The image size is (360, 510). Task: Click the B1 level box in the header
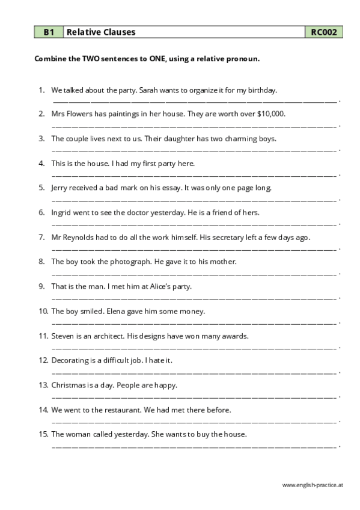coord(48,32)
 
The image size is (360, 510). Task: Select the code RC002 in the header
coord(324,32)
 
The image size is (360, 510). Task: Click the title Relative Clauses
coord(101,32)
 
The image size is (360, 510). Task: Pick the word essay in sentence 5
coord(169,187)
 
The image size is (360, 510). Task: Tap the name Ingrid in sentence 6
coord(62,212)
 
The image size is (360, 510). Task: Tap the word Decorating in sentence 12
coord(71,360)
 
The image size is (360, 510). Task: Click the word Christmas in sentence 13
coord(69,385)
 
